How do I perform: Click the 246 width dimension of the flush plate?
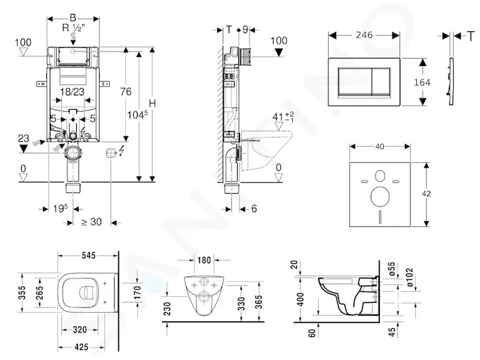click(364, 35)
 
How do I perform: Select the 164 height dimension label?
click(422, 82)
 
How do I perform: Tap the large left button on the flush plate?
click(355, 82)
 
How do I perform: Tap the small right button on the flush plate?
click(381, 82)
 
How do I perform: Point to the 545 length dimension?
click(88, 255)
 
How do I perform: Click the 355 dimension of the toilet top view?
click(22, 292)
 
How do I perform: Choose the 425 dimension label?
click(81, 347)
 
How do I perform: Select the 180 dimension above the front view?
click(204, 260)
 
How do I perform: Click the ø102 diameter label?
click(409, 277)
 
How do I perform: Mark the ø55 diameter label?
click(392, 269)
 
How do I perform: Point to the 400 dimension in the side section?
click(301, 299)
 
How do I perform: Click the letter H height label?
click(152, 103)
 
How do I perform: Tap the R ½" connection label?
click(73, 28)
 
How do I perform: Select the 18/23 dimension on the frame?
click(72, 92)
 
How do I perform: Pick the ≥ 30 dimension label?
click(92, 221)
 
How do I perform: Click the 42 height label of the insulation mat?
click(426, 193)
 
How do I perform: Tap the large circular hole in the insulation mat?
click(380, 197)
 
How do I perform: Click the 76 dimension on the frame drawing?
click(126, 91)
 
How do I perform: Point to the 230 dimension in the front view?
click(167, 309)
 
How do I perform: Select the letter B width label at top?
click(73, 18)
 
